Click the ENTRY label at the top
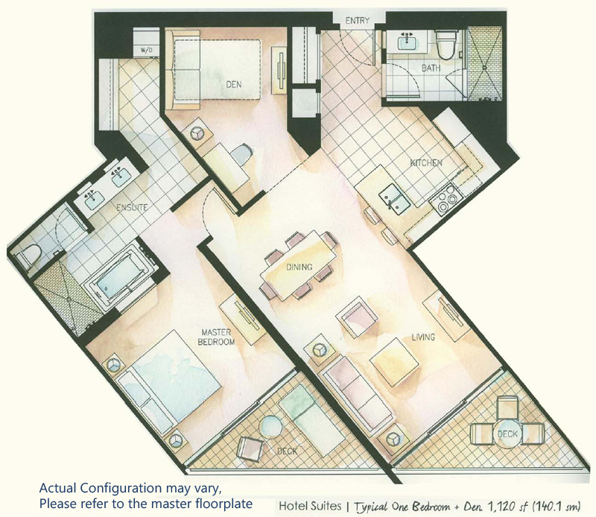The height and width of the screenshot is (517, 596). click(358, 21)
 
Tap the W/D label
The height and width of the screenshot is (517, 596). click(146, 50)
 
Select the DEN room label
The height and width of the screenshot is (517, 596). click(234, 84)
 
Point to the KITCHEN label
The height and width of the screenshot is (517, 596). click(426, 163)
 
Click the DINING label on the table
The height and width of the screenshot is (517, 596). click(299, 267)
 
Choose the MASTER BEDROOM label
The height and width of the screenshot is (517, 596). click(216, 337)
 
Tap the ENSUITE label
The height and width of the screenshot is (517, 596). click(132, 208)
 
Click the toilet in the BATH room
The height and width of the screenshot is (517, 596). click(444, 45)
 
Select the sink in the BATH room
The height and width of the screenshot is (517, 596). click(408, 41)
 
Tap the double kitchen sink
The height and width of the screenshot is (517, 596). click(394, 198)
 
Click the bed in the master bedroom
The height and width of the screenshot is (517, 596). click(169, 382)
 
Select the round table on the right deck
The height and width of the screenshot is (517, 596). click(507, 434)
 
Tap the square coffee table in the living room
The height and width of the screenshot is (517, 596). click(395, 363)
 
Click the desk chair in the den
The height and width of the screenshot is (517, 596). click(242, 155)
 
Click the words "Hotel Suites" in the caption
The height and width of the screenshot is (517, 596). click(310, 506)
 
